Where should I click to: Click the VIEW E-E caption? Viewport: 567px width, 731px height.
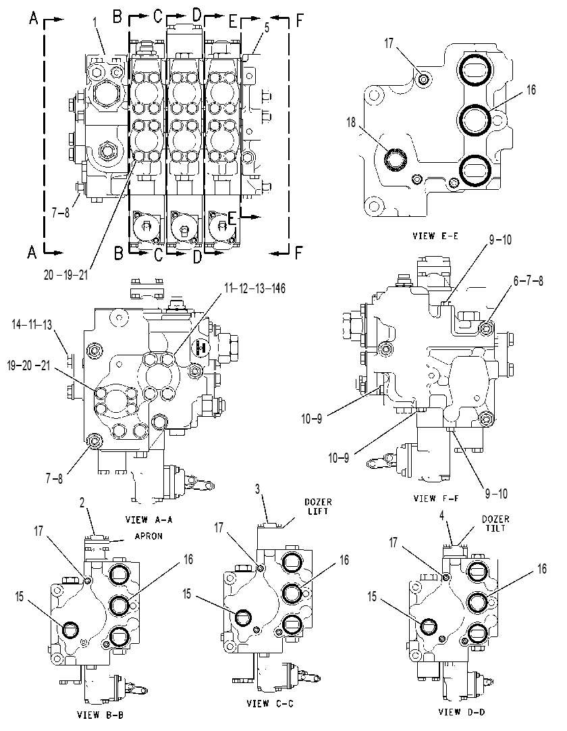[435, 236]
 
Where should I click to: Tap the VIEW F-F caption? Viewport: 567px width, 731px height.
[436, 499]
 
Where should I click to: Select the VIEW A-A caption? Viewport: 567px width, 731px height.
[148, 519]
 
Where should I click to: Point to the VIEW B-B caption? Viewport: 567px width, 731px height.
[100, 714]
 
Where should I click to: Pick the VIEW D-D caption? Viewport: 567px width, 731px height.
[462, 711]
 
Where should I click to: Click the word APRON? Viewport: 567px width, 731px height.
[148, 536]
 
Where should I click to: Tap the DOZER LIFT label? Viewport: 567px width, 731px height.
[318, 507]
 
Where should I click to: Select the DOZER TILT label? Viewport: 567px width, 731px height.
[495, 524]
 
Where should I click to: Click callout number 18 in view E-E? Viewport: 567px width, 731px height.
[351, 122]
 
